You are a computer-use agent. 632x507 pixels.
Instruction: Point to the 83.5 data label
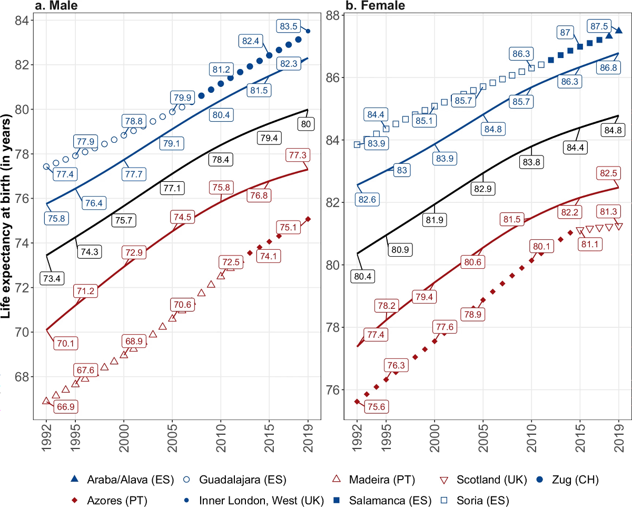click(x=289, y=26)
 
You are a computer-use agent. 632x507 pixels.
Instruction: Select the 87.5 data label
click(x=599, y=25)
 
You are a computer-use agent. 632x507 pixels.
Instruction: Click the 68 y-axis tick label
click(x=24, y=377)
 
